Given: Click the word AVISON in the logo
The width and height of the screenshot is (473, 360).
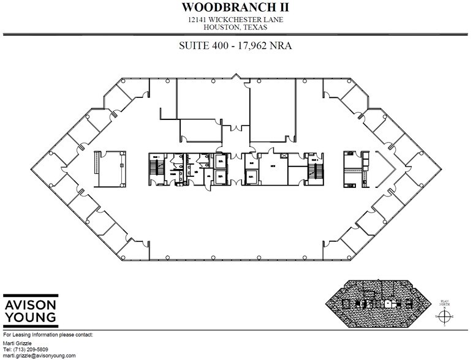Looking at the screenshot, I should [x=30, y=304].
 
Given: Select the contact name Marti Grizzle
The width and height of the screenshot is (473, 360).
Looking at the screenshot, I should [x=17, y=343].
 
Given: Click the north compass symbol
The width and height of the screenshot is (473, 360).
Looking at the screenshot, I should [x=446, y=316].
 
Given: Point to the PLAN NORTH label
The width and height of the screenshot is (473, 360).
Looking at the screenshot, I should [x=446, y=303].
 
